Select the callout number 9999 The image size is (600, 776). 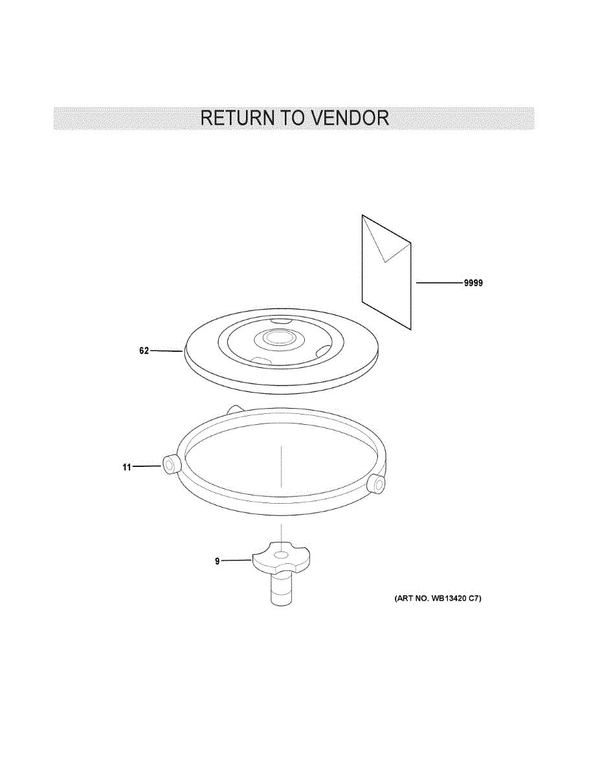click(x=473, y=283)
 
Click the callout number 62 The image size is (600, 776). click(x=144, y=350)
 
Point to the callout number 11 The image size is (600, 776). click(x=127, y=467)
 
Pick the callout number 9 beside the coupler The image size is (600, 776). click(x=217, y=561)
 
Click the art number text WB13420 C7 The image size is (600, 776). click(x=454, y=598)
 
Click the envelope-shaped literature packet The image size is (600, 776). click(x=386, y=272)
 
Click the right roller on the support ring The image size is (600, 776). click(x=377, y=483)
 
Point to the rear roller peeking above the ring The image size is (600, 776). click(x=234, y=409)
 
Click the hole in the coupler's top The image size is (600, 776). click(x=282, y=555)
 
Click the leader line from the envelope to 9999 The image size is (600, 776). click(x=439, y=283)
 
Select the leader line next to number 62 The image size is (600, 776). click(x=166, y=351)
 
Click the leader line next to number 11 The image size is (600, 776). click(x=147, y=466)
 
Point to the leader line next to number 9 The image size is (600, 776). click(x=237, y=561)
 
